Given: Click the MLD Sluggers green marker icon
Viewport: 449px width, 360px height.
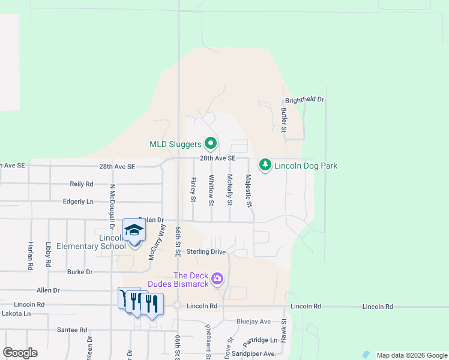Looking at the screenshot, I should pyautogui.click(x=210, y=144).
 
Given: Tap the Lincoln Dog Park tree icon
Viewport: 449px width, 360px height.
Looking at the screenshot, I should pyautogui.click(x=265, y=164).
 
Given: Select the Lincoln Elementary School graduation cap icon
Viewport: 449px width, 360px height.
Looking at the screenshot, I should pyautogui.click(x=134, y=230).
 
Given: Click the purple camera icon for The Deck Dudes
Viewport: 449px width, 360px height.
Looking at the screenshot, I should pyautogui.click(x=217, y=279).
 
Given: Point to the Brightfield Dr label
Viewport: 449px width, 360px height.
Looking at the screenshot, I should pyautogui.click(x=304, y=100).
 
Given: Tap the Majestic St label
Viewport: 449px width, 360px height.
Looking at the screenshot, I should pyautogui.click(x=249, y=190).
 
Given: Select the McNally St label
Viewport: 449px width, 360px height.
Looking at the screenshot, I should pyautogui.click(x=229, y=190).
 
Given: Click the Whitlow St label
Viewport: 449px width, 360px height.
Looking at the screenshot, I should pyautogui.click(x=211, y=190).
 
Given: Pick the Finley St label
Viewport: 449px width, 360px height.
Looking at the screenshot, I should pyautogui.click(x=193, y=189).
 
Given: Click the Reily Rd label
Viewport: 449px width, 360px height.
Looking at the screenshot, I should pyautogui.click(x=82, y=184).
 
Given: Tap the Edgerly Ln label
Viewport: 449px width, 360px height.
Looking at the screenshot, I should pyautogui.click(x=79, y=202).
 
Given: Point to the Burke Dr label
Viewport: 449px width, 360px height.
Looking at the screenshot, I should pyautogui.click(x=80, y=272).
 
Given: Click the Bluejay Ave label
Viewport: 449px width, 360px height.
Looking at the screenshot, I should pyautogui.click(x=253, y=322).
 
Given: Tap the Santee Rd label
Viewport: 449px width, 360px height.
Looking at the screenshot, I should pyautogui.click(x=72, y=329).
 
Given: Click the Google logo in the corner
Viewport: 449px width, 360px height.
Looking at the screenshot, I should pyautogui.click(x=20, y=353).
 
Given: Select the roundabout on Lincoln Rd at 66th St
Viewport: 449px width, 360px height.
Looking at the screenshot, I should pyautogui.click(x=178, y=305).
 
